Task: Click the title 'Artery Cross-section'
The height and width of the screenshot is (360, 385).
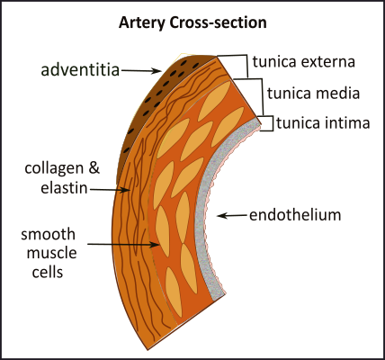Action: point(192,22)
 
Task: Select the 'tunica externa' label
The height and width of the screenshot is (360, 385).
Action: point(304,62)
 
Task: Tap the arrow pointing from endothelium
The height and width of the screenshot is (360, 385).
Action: point(235,215)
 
